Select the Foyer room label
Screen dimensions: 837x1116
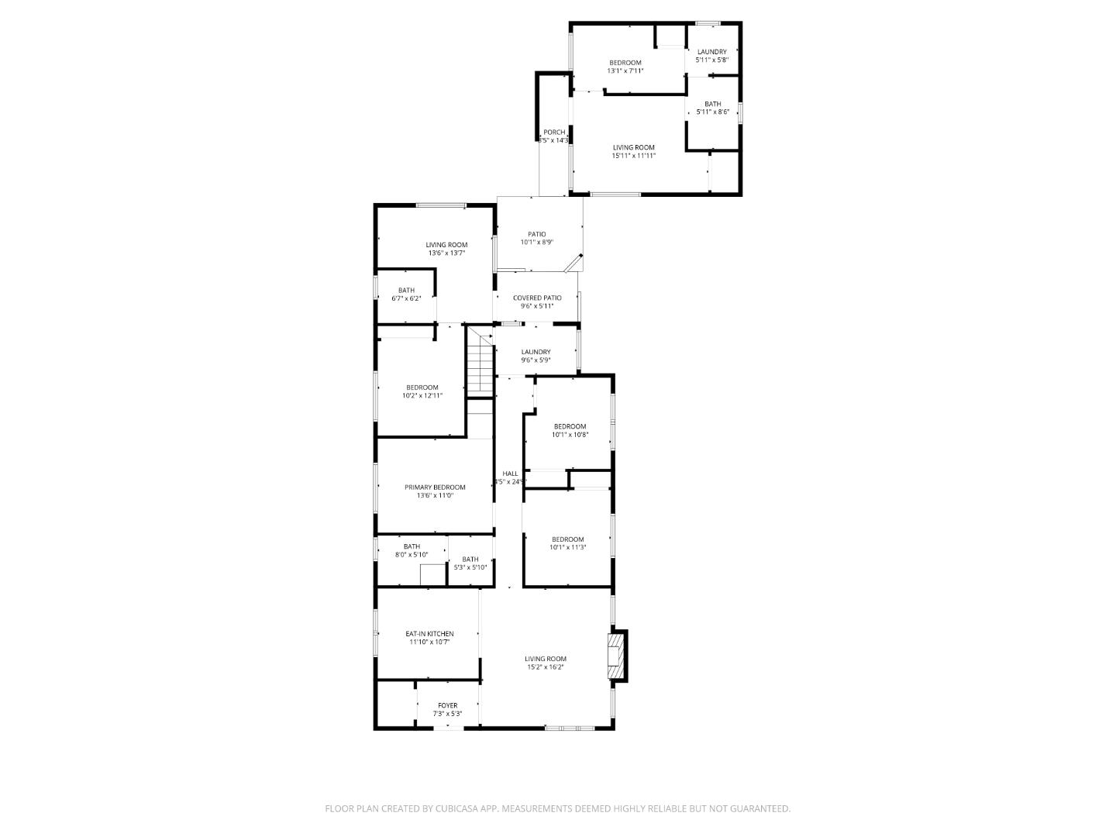coord(447,705)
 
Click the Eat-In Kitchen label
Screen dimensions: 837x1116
coord(429,634)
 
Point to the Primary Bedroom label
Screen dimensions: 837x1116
coord(435,487)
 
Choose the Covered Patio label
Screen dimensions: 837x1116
coord(537,298)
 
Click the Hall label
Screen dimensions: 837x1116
coord(510,474)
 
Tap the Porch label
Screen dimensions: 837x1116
coord(554,133)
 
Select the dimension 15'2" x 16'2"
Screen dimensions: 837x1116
coord(546,667)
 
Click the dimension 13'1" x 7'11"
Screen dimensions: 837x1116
coord(625,71)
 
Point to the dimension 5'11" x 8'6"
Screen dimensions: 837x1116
coord(712,112)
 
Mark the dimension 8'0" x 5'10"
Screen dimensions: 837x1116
coord(412,555)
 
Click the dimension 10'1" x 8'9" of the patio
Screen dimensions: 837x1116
coord(536,243)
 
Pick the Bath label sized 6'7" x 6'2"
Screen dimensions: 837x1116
coord(406,291)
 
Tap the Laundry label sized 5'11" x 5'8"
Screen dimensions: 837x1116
coord(711,52)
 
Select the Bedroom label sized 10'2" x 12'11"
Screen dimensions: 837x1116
coord(422,387)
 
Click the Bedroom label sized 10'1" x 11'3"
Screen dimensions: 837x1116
coord(567,539)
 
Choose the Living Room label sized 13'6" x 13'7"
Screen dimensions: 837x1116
coord(446,245)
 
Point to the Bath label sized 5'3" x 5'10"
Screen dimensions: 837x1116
coord(470,560)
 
